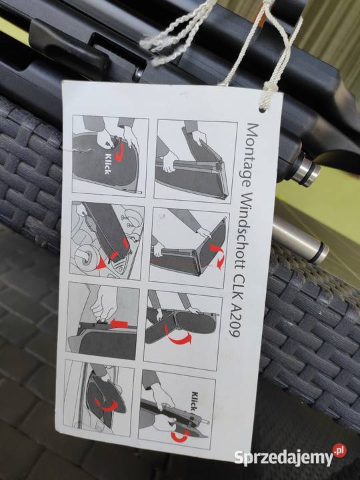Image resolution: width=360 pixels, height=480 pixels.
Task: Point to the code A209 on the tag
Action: point(236,321)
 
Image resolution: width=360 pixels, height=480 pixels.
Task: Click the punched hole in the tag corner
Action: point(262,109)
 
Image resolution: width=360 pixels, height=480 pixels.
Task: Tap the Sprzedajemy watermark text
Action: point(283,457)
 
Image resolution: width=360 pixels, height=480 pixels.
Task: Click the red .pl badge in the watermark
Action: point(340,450)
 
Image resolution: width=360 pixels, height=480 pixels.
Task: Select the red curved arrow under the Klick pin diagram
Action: point(180,435)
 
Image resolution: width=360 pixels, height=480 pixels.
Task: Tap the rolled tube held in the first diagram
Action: point(190,165)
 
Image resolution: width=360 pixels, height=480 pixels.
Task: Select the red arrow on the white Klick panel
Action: point(120,149)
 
